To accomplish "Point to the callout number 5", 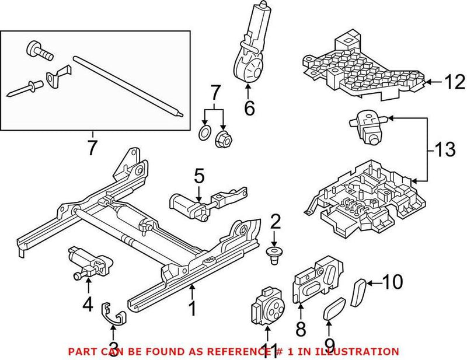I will (x=198, y=176).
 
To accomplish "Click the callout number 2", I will (x=275, y=221).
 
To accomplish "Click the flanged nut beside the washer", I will (x=222, y=139).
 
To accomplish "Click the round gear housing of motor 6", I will (x=251, y=71).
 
